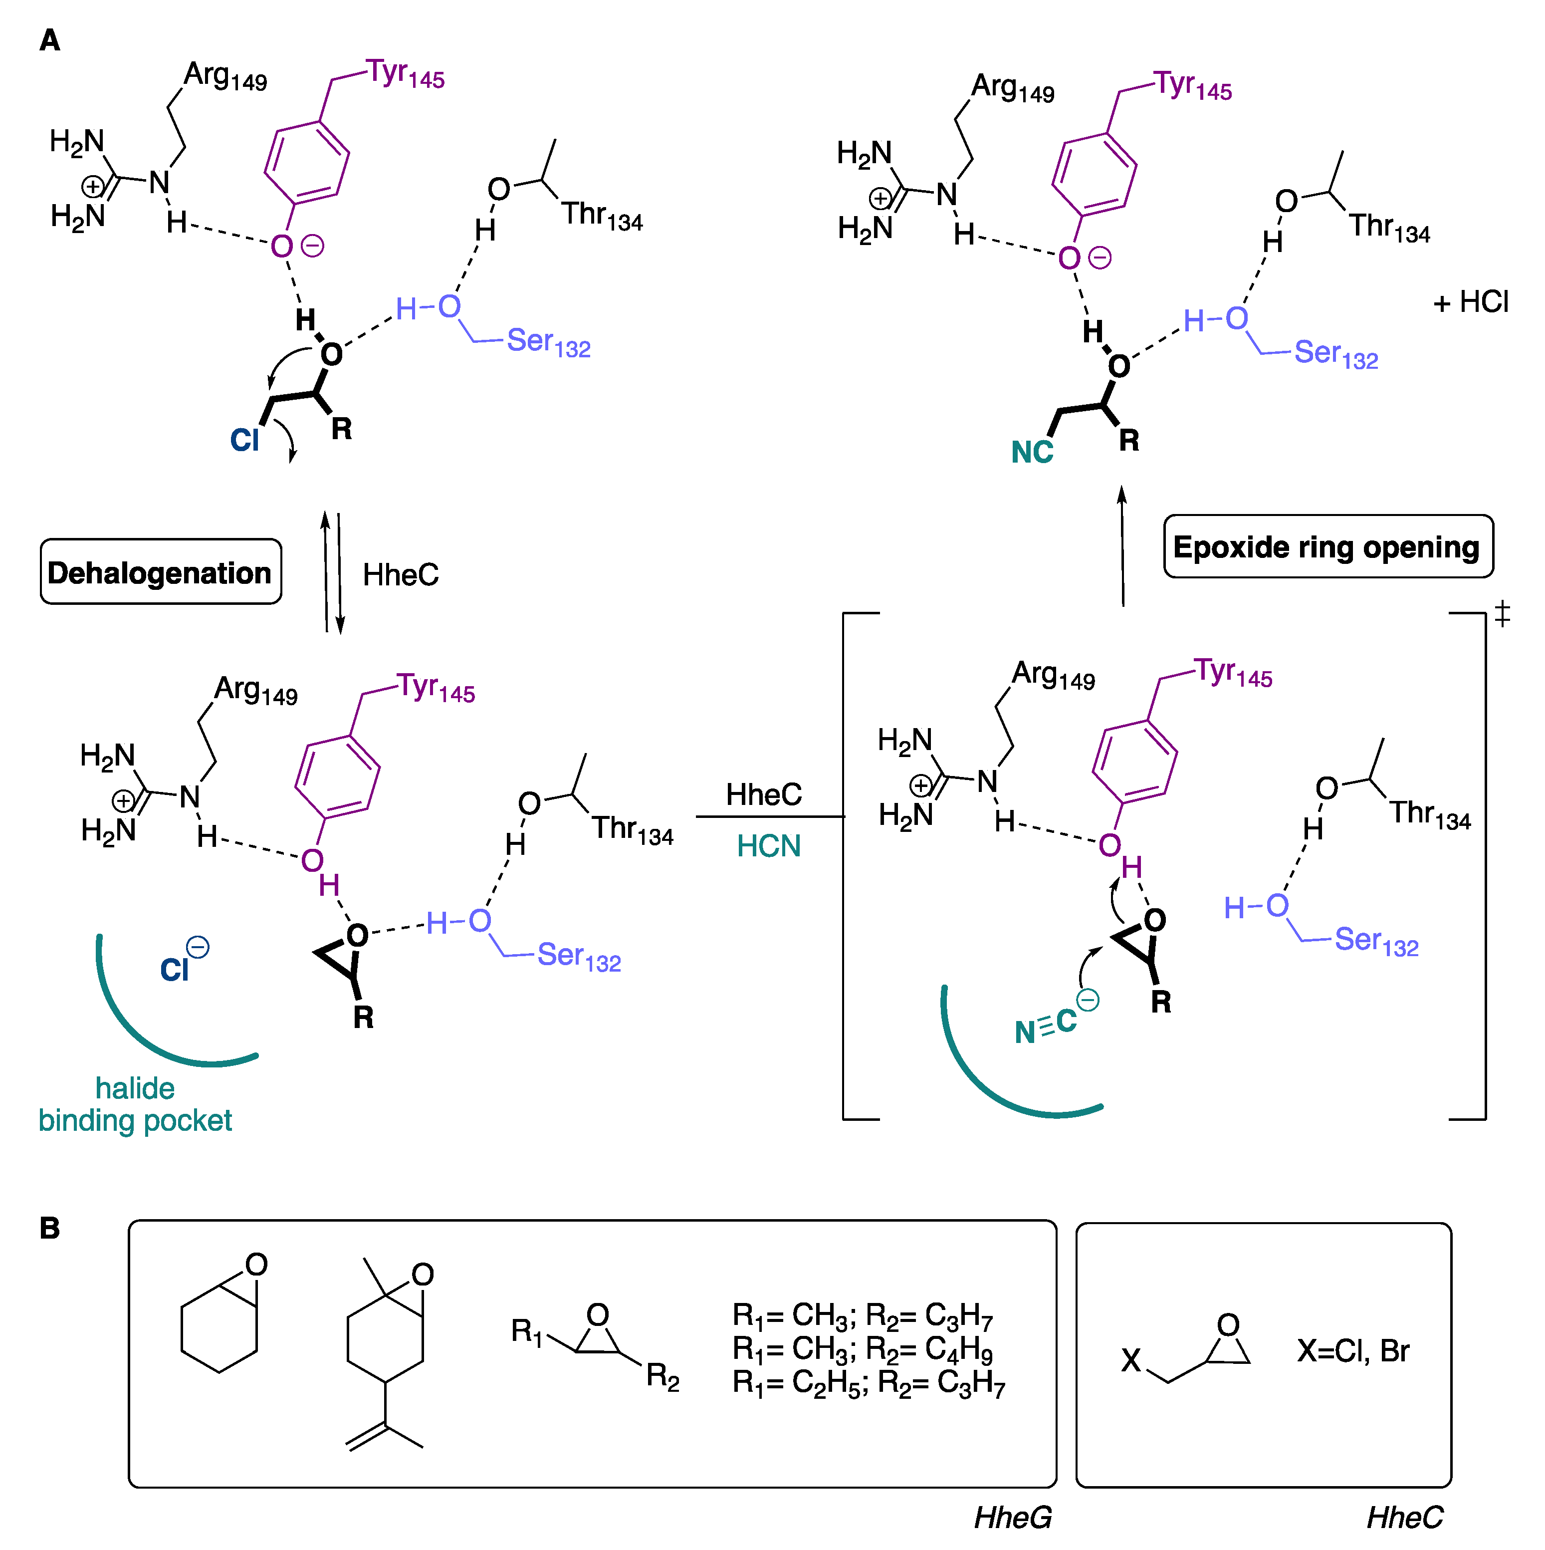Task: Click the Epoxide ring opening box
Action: (1327, 547)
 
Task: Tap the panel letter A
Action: (50, 40)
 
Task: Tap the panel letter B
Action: (50, 1228)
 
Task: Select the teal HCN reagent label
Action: (768, 845)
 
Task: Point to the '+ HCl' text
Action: (1470, 302)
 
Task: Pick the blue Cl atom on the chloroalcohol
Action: (244, 440)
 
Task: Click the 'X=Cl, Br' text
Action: (1353, 1351)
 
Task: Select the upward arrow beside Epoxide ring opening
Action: (1122, 545)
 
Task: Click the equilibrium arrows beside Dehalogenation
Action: (332, 573)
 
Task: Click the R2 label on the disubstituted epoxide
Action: (662, 1377)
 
